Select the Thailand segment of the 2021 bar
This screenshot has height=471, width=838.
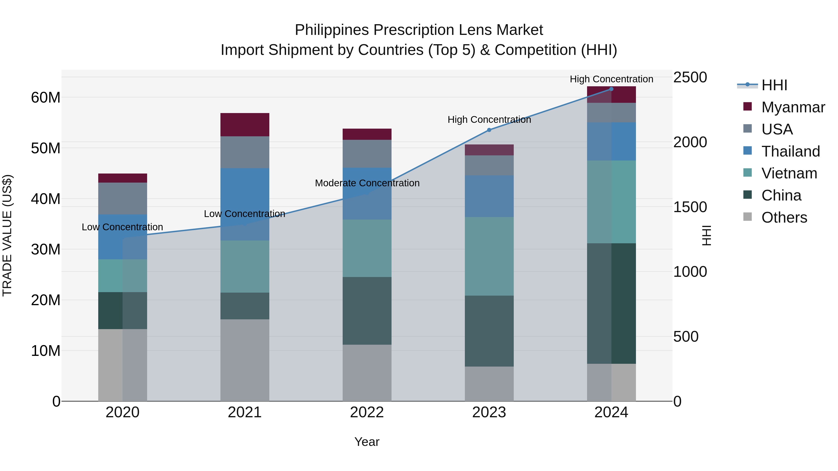point(245,204)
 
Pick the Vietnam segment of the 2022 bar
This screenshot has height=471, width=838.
point(367,248)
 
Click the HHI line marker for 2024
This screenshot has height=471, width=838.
point(611,89)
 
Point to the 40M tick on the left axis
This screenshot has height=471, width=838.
point(46,199)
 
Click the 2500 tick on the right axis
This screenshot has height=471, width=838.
point(690,77)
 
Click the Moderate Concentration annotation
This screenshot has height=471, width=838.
point(367,183)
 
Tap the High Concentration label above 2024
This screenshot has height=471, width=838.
point(611,79)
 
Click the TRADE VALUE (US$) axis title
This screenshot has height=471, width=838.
point(7,235)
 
